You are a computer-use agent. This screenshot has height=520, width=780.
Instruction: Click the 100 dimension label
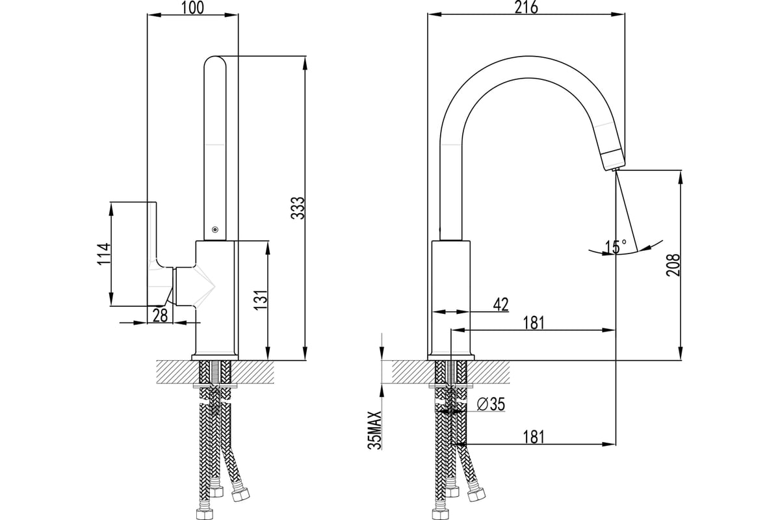click(x=192, y=7)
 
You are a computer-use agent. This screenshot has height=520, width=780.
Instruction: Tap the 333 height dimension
click(x=298, y=208)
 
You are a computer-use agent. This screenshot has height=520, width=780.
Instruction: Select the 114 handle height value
click(x=104, y=254)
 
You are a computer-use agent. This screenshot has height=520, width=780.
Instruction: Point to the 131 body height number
click(x=261, y=300)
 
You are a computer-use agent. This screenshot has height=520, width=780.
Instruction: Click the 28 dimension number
click(x=160, y=315)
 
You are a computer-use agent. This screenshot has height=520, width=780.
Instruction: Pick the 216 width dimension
click(x=526, y=7)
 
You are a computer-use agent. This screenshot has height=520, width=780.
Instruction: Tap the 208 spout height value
click(x=673, y=265)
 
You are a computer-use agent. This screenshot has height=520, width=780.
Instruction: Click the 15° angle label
click(x=616, y=247)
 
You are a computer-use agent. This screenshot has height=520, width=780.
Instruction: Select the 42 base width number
click(x=500, y=304)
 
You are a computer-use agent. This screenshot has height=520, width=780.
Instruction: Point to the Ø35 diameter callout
click(x=491, y=404)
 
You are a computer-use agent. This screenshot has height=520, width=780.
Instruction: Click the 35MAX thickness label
click(x=375, y=430)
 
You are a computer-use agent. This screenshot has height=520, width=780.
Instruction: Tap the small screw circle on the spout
click(x=215, y=229)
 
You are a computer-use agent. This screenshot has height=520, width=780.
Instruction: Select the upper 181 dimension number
click(x=534, y=323)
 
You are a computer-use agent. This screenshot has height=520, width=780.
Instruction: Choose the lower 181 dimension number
click(x=534, y=437)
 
